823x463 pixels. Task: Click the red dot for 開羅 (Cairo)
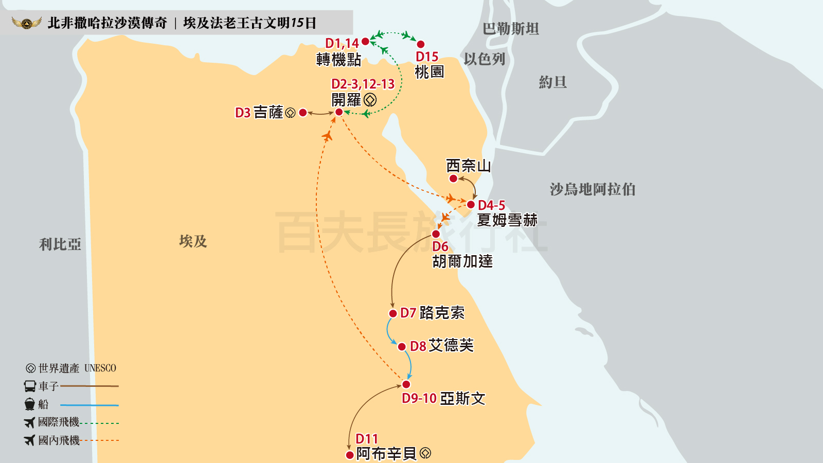(x=339, y=112)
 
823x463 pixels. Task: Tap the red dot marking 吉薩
(x=303, y=113)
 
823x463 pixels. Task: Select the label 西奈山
(x=468, y=166)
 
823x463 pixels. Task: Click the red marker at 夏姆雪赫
(x=471, y=205)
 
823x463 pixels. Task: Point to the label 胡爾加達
(x=462, y=261)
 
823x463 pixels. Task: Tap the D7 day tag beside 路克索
(x=408, y=313)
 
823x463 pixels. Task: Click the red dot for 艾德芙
(x=402, y=347)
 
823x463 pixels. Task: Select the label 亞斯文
(x=462, y=398)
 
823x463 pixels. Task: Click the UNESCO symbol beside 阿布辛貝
(x=425, y=453)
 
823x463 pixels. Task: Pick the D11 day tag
(x=367, y=439)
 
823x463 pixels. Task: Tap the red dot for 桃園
(x=421, y=44)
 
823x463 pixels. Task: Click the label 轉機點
(x=338, y=60)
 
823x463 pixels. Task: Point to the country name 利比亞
(x=60, y=244)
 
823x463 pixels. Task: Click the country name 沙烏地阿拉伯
(x=593, y=189)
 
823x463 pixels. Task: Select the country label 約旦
(x=552, y=82)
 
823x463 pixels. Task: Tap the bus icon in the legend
(x=30, y=386)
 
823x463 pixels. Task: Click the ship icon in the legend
(x=30, y=404)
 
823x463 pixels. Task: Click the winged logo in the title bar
(x=27, y=23)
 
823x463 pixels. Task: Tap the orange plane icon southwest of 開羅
(x=327, y=136)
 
